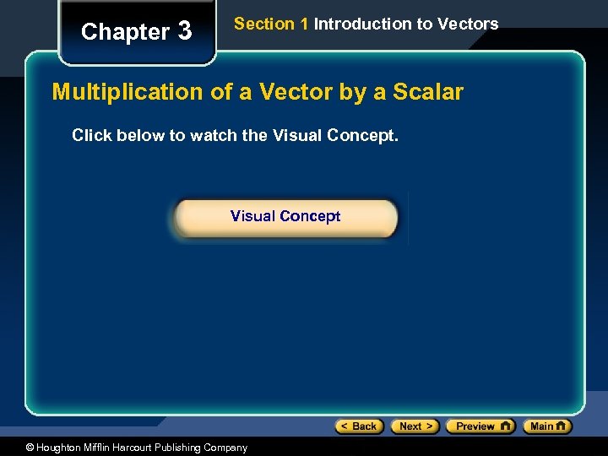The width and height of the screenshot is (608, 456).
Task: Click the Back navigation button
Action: [360, 426]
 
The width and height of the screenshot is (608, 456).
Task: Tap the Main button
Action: [547, 426]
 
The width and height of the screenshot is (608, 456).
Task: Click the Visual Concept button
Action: [285, 217]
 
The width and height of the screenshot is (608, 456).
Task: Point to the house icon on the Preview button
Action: [505, 426]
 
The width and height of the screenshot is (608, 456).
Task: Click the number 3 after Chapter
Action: [184, 32]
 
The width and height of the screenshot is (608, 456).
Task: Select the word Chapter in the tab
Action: [125, 32]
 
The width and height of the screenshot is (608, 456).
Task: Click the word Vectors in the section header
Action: [469, 24]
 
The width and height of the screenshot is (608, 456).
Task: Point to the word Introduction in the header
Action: [363, 24]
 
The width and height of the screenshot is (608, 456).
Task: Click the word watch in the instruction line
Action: [214, 135]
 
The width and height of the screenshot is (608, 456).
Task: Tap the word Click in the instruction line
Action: [90, 135]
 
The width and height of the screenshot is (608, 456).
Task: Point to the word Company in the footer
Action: [226, 448]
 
